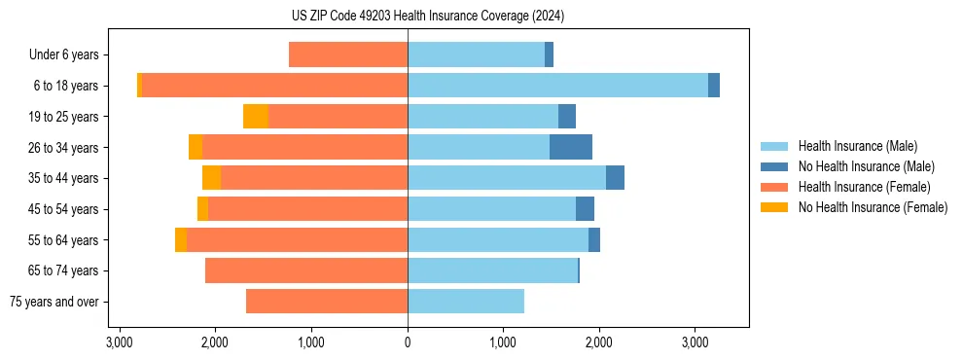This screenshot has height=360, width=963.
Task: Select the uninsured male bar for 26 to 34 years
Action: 571,147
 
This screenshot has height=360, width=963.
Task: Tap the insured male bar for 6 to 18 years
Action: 557,86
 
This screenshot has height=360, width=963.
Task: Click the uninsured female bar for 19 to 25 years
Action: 256,117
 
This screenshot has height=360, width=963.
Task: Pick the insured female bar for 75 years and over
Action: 327,302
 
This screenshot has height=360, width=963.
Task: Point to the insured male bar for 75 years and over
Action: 466,302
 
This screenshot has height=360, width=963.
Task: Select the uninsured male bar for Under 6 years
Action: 549,54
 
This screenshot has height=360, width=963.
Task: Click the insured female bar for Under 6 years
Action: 348,54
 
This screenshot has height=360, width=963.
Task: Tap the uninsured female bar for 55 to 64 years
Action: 181,239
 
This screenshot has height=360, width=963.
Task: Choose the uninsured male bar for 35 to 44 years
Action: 615,178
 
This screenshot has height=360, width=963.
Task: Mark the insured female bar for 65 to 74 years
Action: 306,270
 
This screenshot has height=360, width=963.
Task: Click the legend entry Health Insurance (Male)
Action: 858,146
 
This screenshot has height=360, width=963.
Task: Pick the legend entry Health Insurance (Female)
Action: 864,187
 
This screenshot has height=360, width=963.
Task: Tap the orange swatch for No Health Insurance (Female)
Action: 775,207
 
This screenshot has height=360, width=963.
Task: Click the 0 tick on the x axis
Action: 408,342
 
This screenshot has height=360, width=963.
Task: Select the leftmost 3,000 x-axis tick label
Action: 120,342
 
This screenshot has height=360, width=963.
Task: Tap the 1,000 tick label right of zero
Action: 503,342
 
